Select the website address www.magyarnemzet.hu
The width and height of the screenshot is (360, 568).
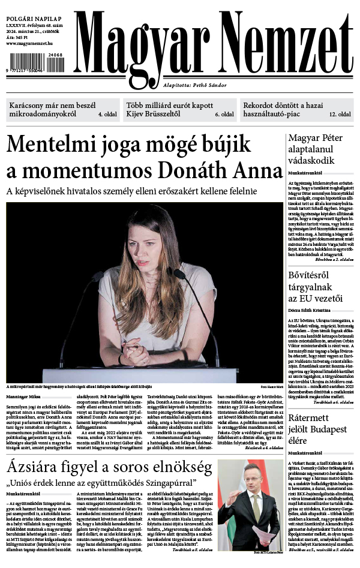pos(29,44)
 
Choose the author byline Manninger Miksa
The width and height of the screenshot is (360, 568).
pos(23,396)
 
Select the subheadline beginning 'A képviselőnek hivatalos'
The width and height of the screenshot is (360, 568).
pos(131,191)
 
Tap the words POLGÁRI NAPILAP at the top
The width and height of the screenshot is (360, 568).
pos(29,11)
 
